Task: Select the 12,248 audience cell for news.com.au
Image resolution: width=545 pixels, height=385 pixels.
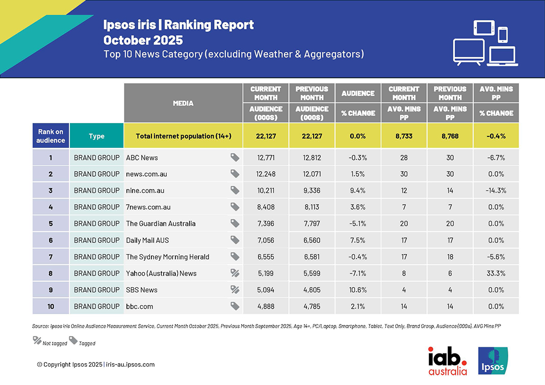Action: [265, 174]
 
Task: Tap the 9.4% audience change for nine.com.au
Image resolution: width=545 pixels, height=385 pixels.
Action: [357, 190]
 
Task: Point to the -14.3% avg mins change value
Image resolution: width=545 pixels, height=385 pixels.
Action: [496, 190]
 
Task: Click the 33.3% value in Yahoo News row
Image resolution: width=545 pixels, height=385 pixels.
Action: [496, 273]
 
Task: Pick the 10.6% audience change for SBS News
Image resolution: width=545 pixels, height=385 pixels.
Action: [357, 290]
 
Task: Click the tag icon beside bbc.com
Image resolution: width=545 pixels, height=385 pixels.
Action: [235, 306]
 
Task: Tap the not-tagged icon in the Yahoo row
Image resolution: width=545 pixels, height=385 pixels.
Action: [235, 273]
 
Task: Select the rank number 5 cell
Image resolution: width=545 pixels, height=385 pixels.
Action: [50, 224]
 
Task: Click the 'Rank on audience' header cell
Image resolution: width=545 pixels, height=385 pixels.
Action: [50, 136]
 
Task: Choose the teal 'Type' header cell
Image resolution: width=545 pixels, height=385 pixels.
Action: [96, 136]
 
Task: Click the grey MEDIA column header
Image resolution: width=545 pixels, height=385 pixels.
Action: [183, 103]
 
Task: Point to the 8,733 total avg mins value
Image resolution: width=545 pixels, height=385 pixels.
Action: [404, 136]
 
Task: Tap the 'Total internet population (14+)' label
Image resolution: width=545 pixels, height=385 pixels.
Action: [184, 136]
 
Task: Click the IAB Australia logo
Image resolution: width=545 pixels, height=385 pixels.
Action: [447, 361]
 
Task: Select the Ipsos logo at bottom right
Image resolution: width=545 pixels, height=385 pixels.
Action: [492, 361]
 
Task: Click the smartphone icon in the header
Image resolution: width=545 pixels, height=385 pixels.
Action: [503, 35]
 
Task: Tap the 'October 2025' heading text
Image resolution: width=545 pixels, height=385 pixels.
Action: [143, 40]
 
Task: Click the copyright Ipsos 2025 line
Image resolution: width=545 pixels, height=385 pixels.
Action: [96, 365]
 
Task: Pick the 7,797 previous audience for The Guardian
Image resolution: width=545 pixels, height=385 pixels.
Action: [312, 224]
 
